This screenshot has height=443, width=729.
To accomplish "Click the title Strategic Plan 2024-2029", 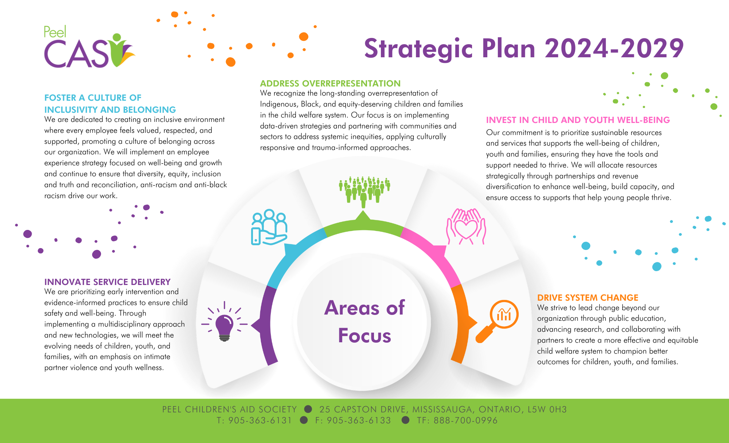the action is (524, 49).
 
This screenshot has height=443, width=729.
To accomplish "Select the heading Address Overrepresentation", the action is (330, 84).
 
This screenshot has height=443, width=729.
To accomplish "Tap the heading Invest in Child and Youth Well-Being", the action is (578, 120).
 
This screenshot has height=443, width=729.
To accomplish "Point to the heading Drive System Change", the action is (588, 298).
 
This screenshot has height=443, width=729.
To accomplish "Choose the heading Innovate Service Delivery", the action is (107, 282).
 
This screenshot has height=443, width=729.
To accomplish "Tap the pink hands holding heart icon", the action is (466, 227).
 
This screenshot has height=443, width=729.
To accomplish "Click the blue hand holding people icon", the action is (269, 227).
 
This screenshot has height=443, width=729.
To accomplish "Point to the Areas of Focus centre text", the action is (364, 321).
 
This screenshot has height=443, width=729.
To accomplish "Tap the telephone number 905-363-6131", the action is (260, 420).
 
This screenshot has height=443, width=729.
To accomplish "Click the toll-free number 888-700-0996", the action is (465, 420).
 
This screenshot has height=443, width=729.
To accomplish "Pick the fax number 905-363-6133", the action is (359, 420).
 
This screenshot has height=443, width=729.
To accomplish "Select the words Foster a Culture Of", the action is (93, 98).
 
